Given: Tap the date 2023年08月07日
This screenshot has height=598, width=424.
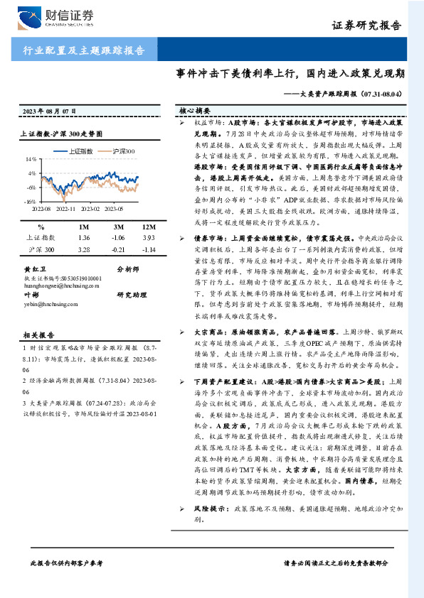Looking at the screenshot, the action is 49,112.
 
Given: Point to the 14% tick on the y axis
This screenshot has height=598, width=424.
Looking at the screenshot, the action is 32,159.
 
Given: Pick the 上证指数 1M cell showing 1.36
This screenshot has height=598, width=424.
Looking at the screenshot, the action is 84,237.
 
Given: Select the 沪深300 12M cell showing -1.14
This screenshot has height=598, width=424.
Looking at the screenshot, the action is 149,250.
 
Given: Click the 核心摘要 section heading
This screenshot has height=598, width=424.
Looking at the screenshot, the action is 194,112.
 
